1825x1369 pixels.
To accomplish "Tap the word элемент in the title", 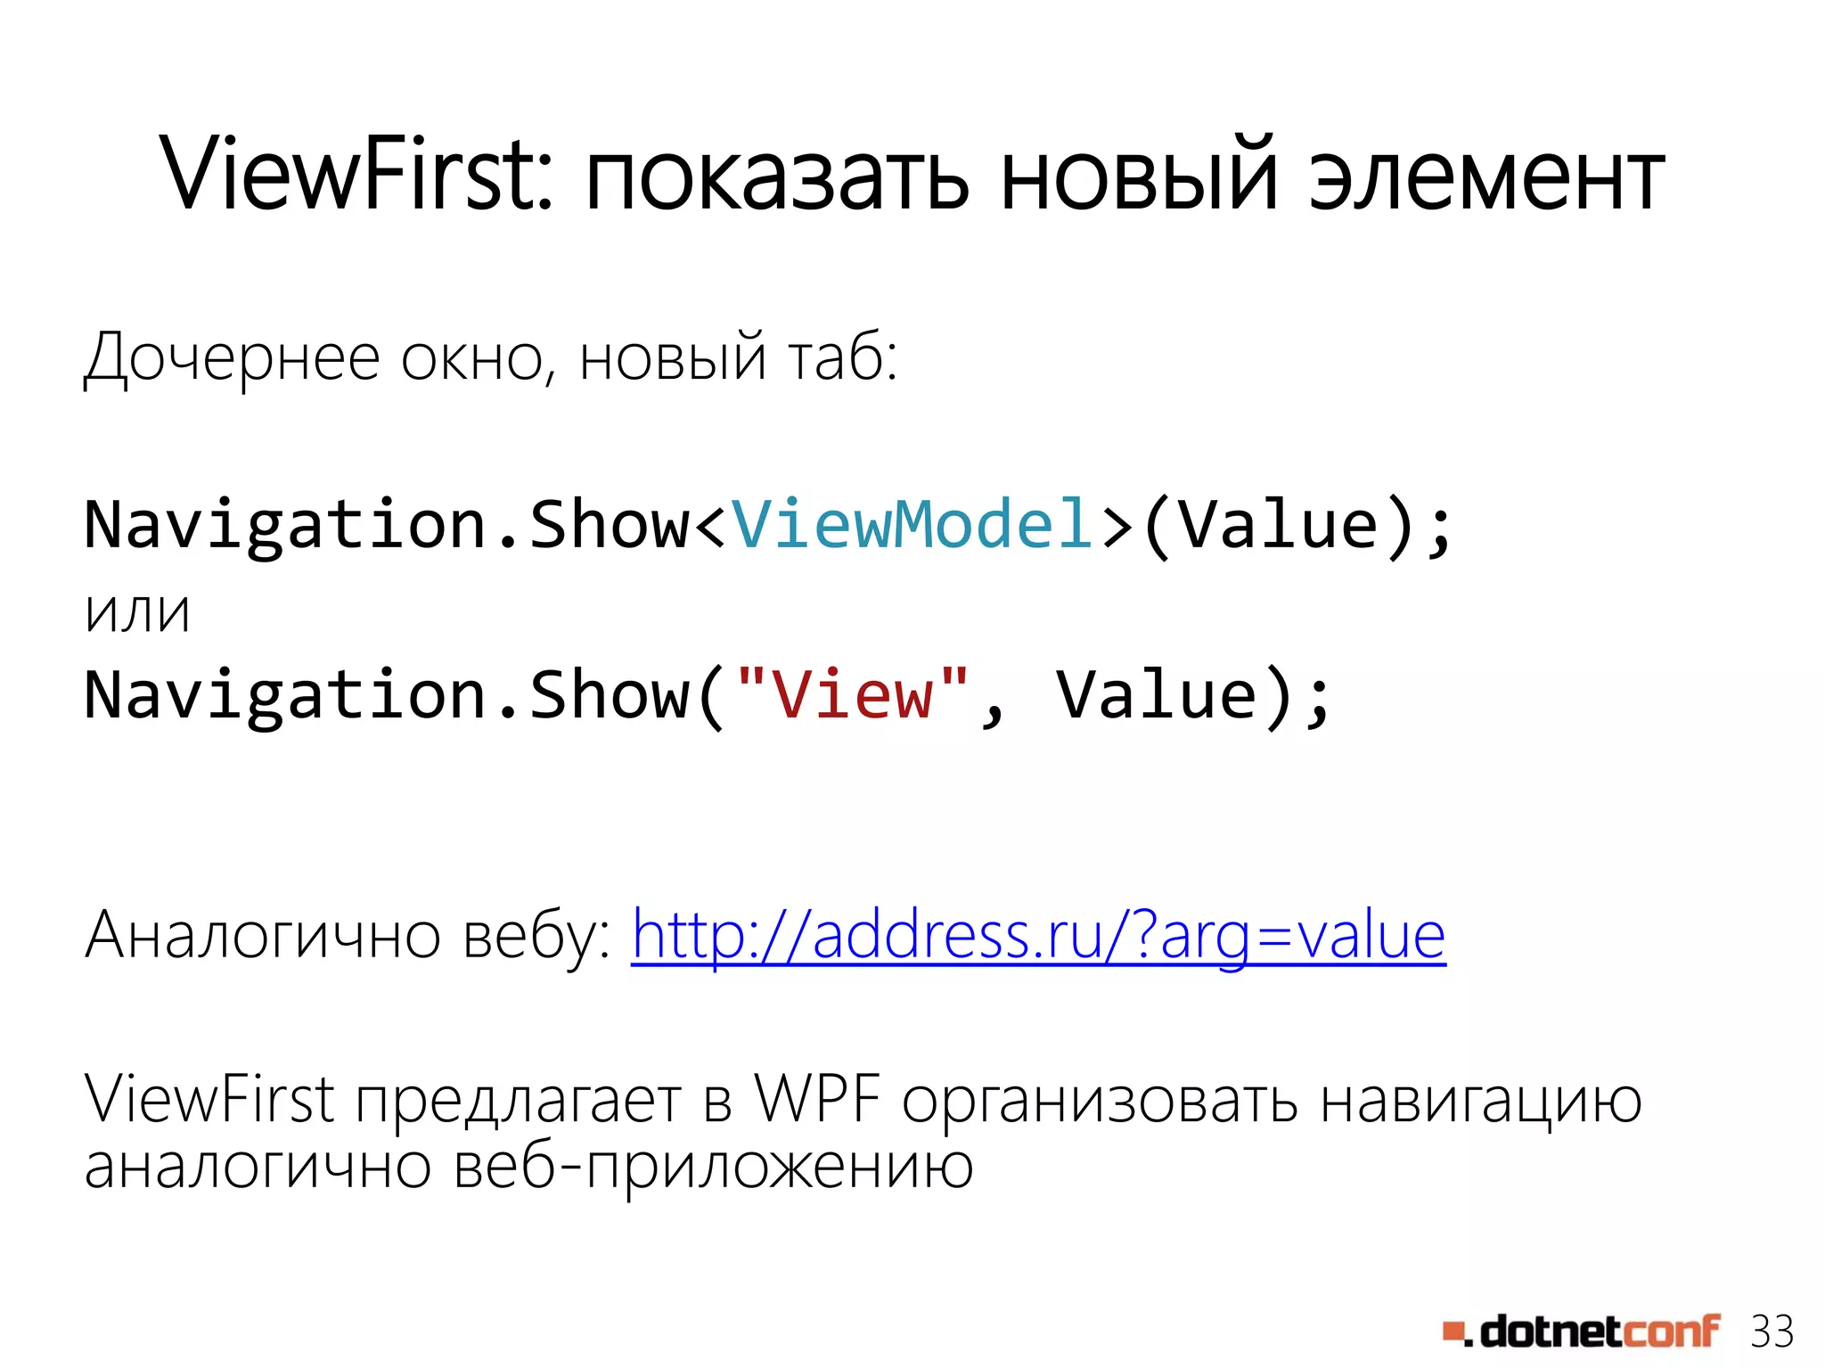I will click(1485, 178).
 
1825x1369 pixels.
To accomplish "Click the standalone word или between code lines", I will click(138, 613).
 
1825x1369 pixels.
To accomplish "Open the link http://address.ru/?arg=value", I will click(1038, 936).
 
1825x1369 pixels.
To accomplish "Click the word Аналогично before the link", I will click(263, 936).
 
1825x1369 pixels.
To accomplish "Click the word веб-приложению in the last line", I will click(713, 1168).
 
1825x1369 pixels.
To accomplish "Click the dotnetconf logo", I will click(1582, 1332).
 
